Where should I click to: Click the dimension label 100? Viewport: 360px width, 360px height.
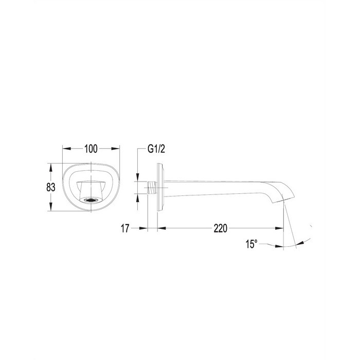point(91,149)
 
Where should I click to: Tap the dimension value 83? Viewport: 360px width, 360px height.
point(51,187)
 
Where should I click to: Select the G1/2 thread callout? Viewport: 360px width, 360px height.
point(156,149)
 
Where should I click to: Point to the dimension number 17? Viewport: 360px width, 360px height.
point(125,228)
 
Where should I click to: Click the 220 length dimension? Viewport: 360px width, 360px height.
point(221,228)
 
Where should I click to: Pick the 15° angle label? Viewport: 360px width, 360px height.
point(251,244)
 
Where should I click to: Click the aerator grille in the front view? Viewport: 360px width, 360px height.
point(91,200)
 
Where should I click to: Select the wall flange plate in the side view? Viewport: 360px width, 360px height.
point(160,187)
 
